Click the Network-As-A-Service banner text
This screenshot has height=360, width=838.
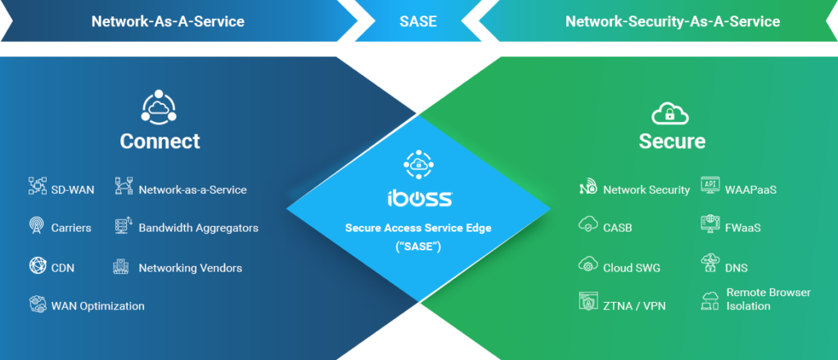(x=168, y=21)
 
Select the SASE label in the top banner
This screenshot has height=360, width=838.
(x=418, y=21)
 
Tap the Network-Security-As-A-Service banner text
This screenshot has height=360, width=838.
(x=672, y=21)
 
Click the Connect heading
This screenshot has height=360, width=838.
(x=160, y=141)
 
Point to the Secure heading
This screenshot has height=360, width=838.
(x=672, y=141)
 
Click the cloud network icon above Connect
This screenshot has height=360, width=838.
(x=160, y=106)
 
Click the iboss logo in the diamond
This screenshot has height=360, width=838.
(x=418, y=198)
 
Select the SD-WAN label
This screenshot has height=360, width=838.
(x=73, y=190)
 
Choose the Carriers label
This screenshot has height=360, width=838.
(x=71, y=227)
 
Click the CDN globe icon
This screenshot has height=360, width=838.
(x=38, y=267)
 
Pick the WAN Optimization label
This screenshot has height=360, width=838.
(x=97, y=306)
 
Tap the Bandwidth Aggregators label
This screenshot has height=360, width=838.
(x=198, y=227)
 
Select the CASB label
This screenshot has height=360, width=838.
(x=618, y=227)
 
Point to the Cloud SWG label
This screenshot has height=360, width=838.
(x=631, y=268)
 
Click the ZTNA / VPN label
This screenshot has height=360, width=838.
(x=634, y=306)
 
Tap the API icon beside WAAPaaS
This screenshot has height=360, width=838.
(x=710, y=186)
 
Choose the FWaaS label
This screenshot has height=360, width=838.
(x=743, y=227)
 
